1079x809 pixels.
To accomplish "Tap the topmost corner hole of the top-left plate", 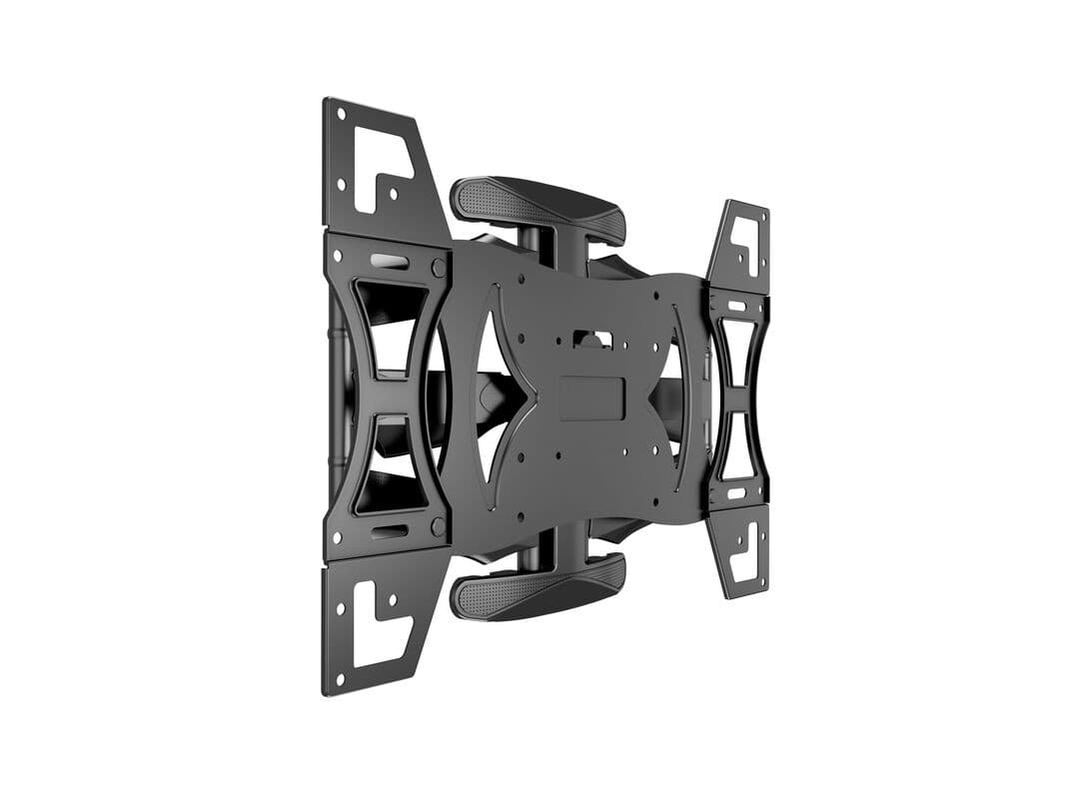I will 340,114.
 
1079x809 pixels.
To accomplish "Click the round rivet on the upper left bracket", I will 438,268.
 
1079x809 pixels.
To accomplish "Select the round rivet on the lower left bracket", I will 438,525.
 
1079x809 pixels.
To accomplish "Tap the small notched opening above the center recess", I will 588,339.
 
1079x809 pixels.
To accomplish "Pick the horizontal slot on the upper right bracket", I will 736,307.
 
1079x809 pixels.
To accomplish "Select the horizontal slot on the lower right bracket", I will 736,492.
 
